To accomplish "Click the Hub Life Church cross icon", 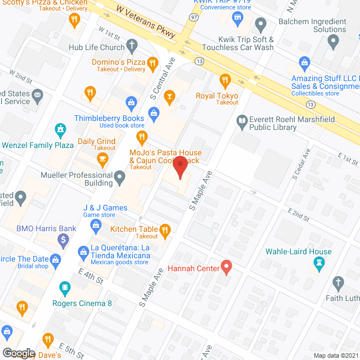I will point(132,45).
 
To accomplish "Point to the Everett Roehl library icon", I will point(242,120).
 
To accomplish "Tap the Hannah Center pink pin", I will point(227,266).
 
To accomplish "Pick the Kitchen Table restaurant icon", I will point(165,229).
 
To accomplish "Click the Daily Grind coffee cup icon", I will point(102,159).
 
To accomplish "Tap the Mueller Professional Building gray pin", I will point(119,179).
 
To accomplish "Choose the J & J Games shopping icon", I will point(96,226).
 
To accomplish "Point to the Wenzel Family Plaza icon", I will point(60,131).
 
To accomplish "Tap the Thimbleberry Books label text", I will point(109,119).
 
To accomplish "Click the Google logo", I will point(19,353).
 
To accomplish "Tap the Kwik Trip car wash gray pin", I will point(260,24).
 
